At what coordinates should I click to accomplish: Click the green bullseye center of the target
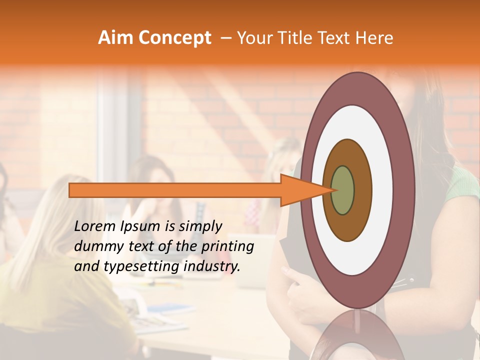coord(342,190)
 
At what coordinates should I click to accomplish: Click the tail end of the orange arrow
coord(70,190)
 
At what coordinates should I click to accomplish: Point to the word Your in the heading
coord(253,38)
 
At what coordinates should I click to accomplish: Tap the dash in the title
coord(225,38)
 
